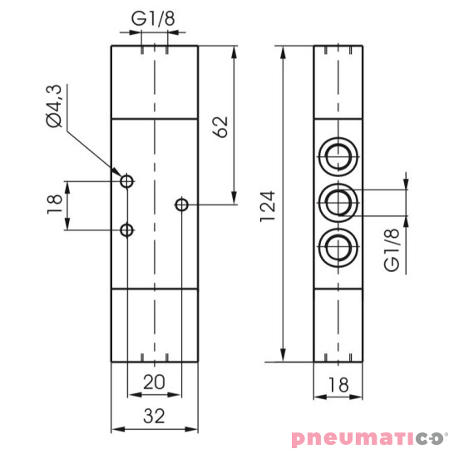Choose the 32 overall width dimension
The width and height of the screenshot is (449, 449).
(x=154, y=415)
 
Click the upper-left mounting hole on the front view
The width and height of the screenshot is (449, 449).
(x=126, y=181)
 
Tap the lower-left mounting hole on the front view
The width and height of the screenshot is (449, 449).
(x=126, y=229)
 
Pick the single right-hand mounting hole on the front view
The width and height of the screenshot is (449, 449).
(x=181, y=205)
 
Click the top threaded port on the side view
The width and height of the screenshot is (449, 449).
(x=338, y=155)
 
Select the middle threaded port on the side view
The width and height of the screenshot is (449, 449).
(x=338, y=200)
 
